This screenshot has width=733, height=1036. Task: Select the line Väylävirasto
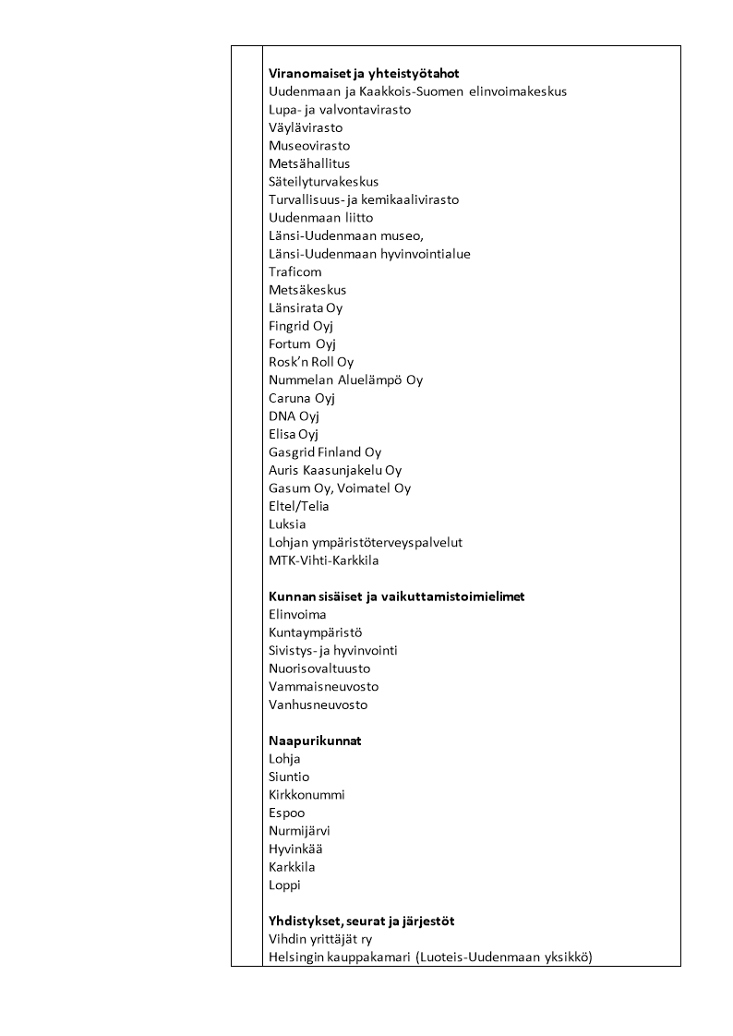(305, 127)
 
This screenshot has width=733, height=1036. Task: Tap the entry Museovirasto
(308, 146)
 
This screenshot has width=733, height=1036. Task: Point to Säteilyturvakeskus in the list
(323, 182)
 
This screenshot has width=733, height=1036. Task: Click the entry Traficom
(294, 271)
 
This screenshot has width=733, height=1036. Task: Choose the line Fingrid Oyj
(300, 326)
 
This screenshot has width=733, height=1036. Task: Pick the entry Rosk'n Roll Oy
(311, 362)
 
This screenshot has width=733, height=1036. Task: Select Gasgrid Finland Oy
(324, 452)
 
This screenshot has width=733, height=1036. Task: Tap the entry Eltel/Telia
(298, 506)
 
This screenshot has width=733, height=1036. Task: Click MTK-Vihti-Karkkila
(323, 560)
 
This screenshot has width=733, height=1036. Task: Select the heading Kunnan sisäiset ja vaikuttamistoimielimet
(396, 596)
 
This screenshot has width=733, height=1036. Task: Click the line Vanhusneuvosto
(318, 705)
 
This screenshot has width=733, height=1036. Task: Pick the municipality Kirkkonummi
(306, 795)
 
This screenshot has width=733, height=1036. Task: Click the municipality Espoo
(286, 813)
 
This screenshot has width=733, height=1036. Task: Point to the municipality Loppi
(284, 885)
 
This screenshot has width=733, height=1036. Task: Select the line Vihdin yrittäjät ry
(319, 939)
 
